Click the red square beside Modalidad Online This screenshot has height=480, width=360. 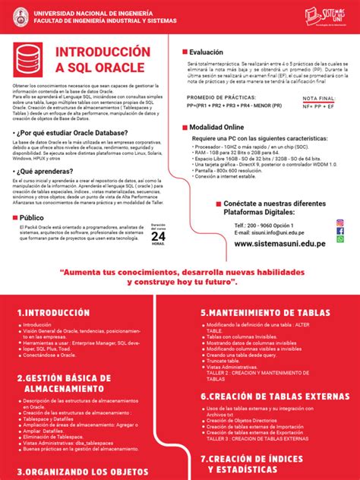pos(183,126)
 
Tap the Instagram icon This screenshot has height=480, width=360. pos(340,222)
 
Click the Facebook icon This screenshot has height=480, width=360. pos(340,230)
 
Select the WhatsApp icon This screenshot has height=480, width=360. pos(340,238)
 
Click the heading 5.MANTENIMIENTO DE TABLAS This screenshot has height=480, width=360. pos(265,312)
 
